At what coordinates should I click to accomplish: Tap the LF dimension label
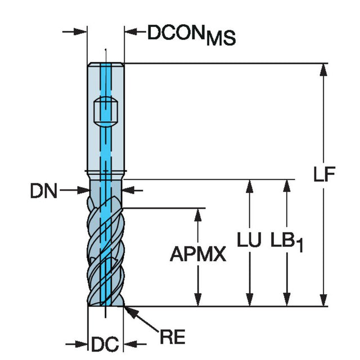(x=325, y=174)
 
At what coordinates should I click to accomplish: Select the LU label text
(x=249, y=240)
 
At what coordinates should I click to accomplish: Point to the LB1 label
(x=287, y=242)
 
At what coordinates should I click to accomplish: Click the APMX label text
(x=198, y=254)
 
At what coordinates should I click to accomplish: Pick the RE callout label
(x=173, y=337)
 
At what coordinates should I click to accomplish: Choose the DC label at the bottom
(x=105, y=344)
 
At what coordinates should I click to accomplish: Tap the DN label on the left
(x=44, y=191)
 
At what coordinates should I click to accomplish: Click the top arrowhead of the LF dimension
(x=323, y=70)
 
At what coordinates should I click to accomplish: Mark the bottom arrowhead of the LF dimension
(x=323, y=300)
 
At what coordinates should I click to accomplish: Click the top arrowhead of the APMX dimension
(x=197, y=215)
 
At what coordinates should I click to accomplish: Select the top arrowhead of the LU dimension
(x=249, y=186)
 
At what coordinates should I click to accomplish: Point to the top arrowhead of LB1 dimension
(x=287, y=186)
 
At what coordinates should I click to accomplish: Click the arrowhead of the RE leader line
(x=132, y=312)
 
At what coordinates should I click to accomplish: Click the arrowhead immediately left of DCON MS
(x=131, y=31)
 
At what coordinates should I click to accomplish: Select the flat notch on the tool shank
(x=106, y=111)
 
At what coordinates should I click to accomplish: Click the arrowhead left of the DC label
(x=81, y=344)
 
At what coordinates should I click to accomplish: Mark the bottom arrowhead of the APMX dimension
(x=197, y=300)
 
